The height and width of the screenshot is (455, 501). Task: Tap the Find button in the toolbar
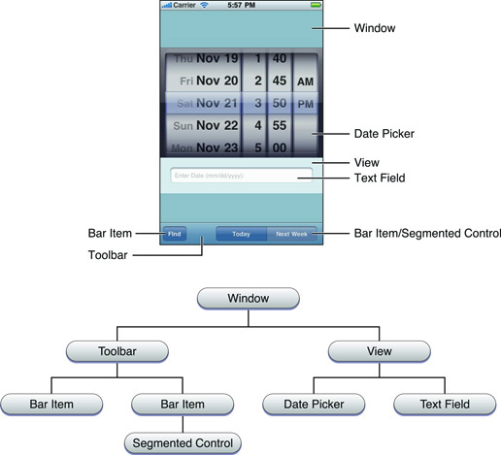(x=174, y=234)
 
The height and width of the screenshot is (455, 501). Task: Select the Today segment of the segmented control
(x=241, y=234)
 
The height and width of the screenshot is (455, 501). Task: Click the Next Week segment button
(x=291, y=234)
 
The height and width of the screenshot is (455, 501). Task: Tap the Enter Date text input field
(x=241, y=176)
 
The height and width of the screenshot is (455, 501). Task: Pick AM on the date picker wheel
(x=305, y=81)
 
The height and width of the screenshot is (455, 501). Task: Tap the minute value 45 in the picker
(x=278, y=81)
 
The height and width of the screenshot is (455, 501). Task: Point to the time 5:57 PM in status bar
(x=241, y=5)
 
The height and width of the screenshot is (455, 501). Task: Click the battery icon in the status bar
(x=315, y=5)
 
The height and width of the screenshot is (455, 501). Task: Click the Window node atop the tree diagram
(x=247, y=298)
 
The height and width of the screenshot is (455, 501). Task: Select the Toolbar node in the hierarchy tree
(x=117, y=349)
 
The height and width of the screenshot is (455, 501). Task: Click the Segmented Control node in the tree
(x=184, y=443)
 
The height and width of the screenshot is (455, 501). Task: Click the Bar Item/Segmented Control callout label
(x=426, y=234)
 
